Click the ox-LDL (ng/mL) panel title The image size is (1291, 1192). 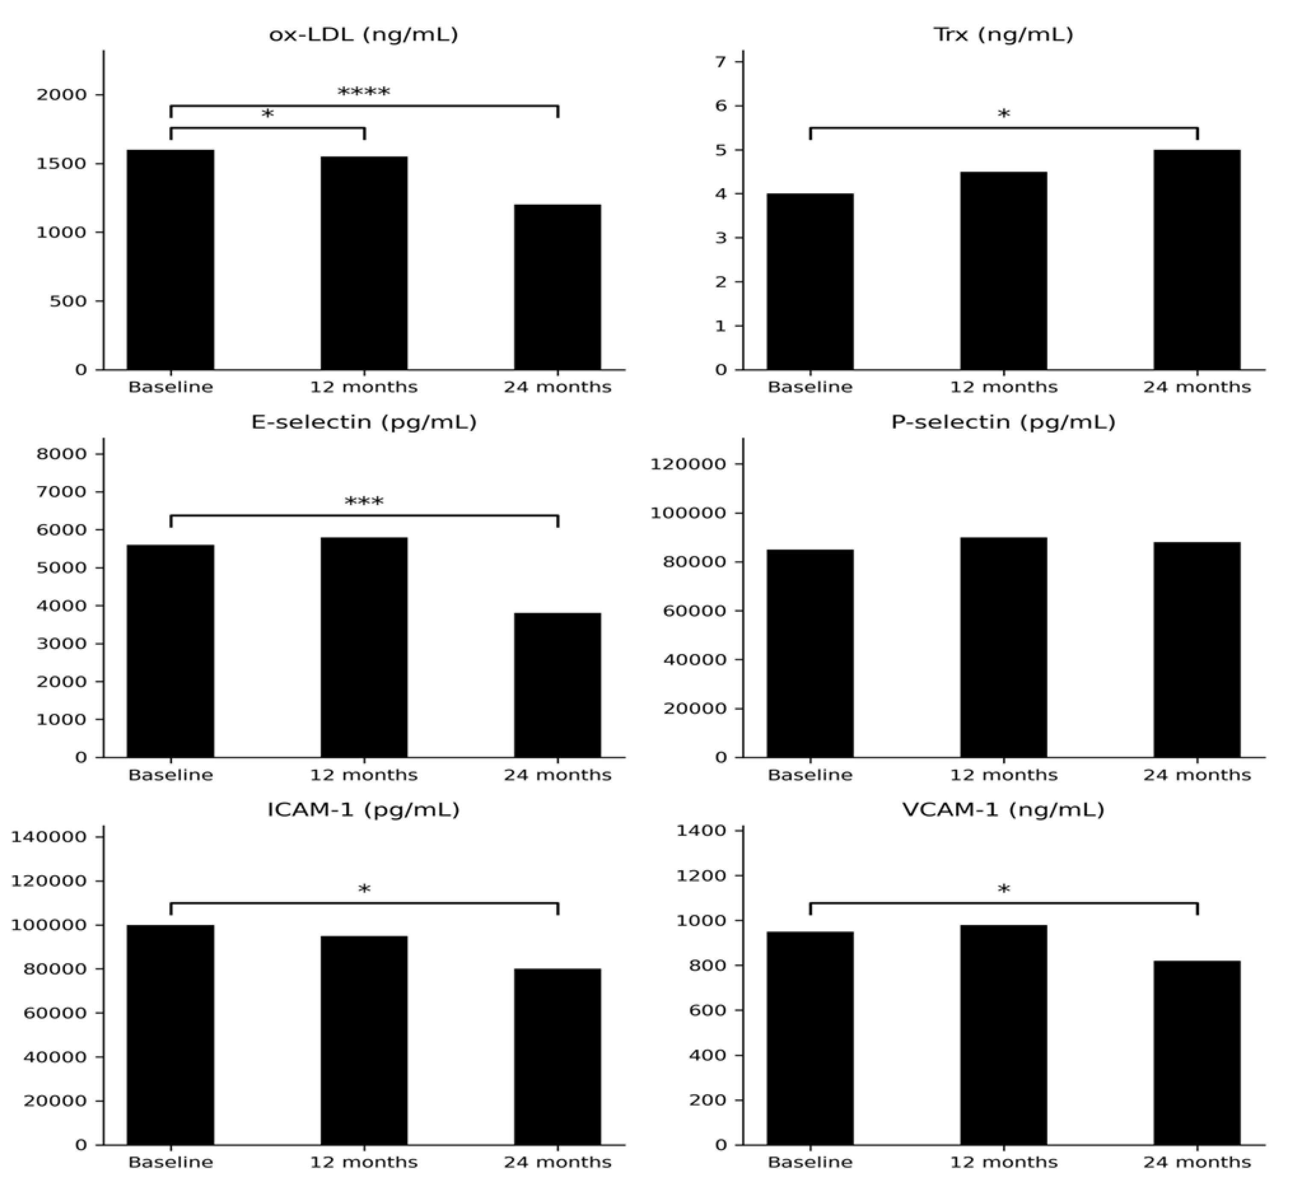pyautogui.click(x=363, y=34)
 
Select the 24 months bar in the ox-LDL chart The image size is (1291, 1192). pyautogui.click(x=557, y=287)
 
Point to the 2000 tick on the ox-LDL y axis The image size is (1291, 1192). pyautogui.click(x=61, y=95)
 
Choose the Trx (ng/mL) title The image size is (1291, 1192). pyautogui.click(x=1003, y=34)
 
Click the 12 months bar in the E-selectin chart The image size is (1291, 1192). pyautogui.click(x=364, y=647)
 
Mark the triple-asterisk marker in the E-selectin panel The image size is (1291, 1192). pyautogui.click(x=364, y=502)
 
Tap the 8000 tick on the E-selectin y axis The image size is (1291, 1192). pyautogui.click(x=61, y=454)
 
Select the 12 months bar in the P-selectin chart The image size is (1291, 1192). pyautogui.click(x=1003, y=647)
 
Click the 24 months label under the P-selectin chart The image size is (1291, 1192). pyautogui.click(x=1197, y=775)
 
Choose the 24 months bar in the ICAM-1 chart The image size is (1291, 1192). pyautogui.click(x=557, y=1057)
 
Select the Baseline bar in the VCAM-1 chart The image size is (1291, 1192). pyautogui.click(x=810, y=1039)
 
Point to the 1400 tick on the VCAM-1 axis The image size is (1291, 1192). pyautogui.click(x=701, y=831)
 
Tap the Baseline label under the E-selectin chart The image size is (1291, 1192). pyautogui.click(x=170, y=775)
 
